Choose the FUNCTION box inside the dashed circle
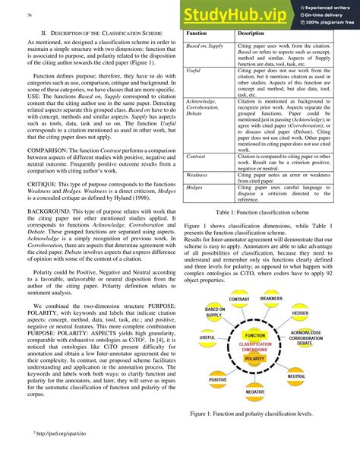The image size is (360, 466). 255,334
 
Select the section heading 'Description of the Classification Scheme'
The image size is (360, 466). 102,34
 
